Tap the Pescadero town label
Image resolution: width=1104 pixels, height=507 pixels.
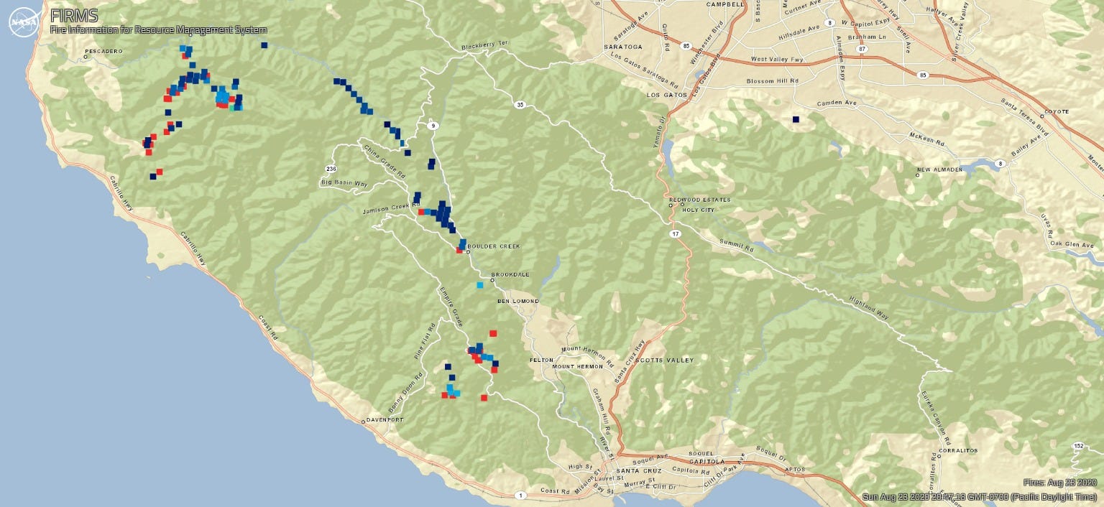point(104,52)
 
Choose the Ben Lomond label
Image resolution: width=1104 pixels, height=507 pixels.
point(517,301)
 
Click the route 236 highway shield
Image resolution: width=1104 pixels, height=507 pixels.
point(331,169)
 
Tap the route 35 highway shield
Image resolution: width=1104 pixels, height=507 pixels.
point(519,105)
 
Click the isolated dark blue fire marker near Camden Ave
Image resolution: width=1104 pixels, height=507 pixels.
point(796,119)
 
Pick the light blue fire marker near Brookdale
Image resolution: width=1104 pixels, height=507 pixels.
point(479,285)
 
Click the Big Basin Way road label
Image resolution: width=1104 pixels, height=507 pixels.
point(344,184)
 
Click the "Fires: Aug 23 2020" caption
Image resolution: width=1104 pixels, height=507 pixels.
point(1060,483)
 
